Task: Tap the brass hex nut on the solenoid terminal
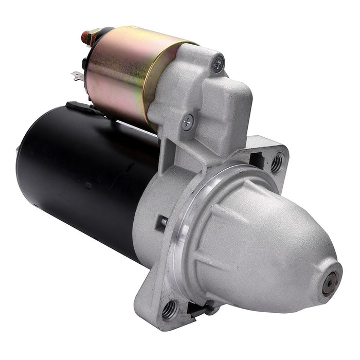click(93, 38)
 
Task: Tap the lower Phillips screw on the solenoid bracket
click(188, 122)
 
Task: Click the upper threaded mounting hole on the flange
click(276, 164)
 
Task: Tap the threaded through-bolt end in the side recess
click(163, 221)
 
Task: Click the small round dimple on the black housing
click(88, 186)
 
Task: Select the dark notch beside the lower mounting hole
click(198, 309)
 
